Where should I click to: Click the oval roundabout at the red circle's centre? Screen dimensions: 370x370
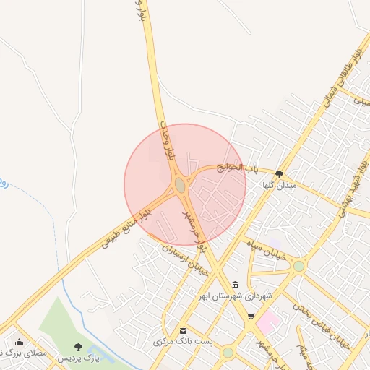pyautogui.click(x=180, y=186)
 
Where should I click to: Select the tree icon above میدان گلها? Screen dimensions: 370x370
pyautogui.click(x=280, y=173)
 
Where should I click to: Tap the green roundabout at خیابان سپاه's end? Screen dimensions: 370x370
pyautogui.click(x=298, y=266)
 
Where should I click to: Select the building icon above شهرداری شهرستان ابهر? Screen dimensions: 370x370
pyautogui.click(x=236, y=284)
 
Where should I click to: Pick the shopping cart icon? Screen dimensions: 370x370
pyautogui.click(x=250, y=317)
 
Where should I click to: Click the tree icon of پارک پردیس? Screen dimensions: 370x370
pyautogui.click(x=78, y=348)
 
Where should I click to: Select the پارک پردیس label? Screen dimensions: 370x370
pyautogui.click(x=78, y=358)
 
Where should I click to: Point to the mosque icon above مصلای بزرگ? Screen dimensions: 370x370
pyautogui.click(x=19, y=343)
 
